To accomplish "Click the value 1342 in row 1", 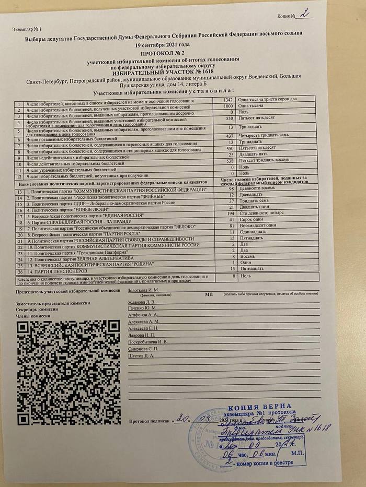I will pos(227,99).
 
